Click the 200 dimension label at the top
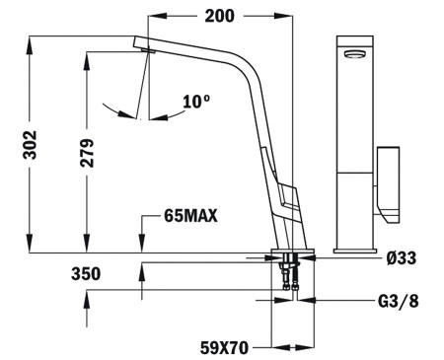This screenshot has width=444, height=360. coord(221,16)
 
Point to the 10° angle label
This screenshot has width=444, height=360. coord(196,100)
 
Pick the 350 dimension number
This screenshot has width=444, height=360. coord(87,274)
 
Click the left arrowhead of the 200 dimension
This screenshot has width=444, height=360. coord(155,16)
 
